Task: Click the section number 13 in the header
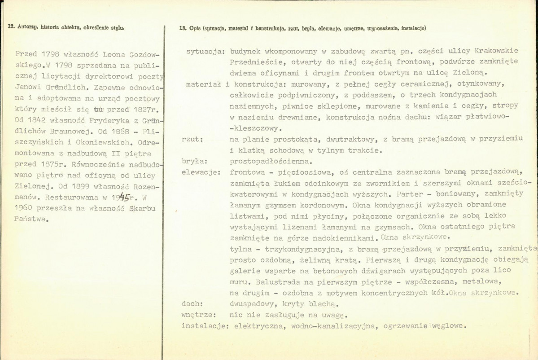(x=182, y=28)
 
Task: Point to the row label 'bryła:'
(x=193, y=161)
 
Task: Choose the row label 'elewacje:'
(x=201, y=172)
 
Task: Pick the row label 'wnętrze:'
(x=198, y=315)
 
